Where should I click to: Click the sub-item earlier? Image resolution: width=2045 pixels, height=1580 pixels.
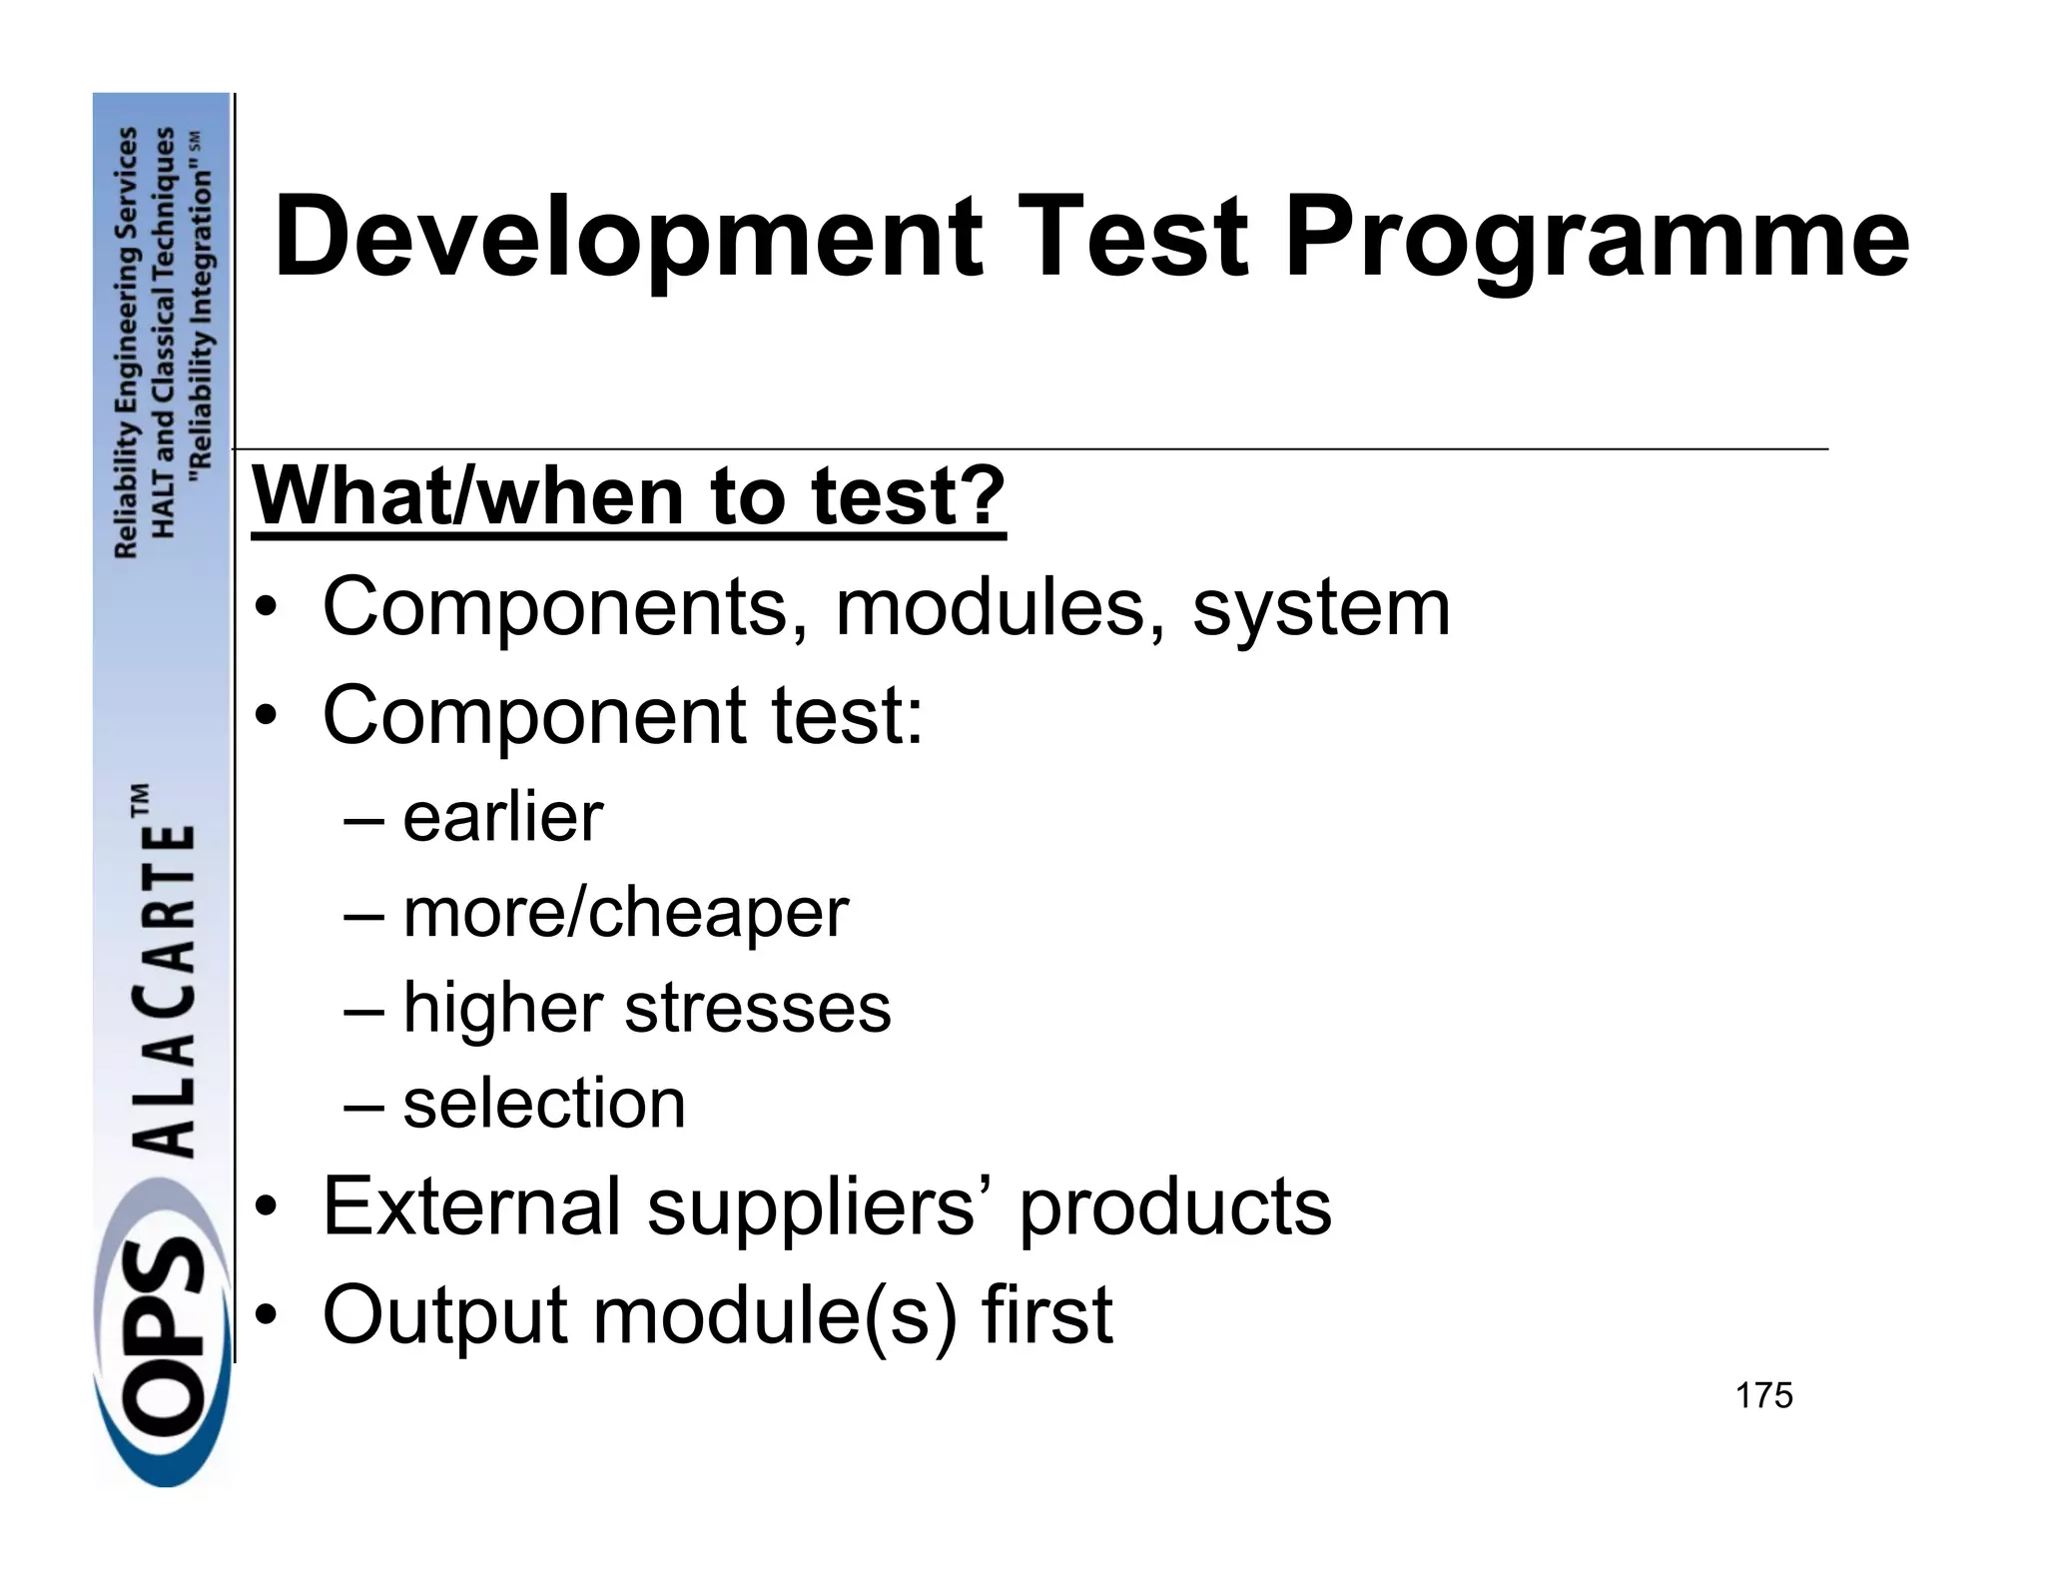click(x=502, y=817)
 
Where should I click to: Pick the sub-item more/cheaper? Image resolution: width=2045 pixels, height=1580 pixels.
click(x=625, y=912)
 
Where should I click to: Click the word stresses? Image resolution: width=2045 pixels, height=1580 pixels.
click(x=757, y=1007)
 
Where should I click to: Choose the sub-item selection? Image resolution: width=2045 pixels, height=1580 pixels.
click(x=544, y=1103)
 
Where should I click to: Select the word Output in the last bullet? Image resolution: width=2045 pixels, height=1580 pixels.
click(x=445, y=1314)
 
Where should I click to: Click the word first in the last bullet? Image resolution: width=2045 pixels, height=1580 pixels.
click(x=1047, y=1314)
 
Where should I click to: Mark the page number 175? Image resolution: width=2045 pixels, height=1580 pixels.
click(x=1763, y=1395)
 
